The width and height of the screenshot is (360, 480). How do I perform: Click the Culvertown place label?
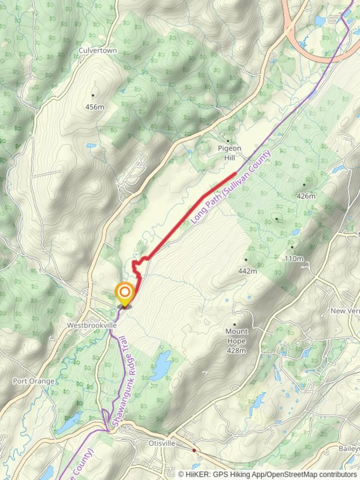(98, 51)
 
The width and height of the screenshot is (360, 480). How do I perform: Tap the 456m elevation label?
(94, 107)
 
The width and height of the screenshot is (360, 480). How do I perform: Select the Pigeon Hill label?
(229, 153)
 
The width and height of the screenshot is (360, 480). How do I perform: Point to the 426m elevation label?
(306, 196)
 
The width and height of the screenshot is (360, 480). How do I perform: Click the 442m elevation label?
(248, 271)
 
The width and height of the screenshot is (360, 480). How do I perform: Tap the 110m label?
(294, 259)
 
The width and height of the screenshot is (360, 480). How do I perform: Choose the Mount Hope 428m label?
(236, 341)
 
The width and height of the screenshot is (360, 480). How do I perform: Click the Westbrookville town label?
(92, 325)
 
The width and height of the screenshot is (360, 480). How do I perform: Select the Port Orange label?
(34, 381)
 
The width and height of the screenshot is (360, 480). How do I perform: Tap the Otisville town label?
(161, 444)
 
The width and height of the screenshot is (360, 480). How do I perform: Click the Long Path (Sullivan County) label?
(231, 187)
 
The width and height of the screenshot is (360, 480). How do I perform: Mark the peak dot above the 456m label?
(93, 95)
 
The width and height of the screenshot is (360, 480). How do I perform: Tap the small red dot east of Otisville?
(194, 450)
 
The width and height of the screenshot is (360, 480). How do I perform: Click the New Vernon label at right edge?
(344, 311)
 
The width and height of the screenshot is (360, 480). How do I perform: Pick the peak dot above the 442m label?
(245, 260)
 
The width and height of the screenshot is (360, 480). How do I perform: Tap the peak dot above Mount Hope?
(234, 324)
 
